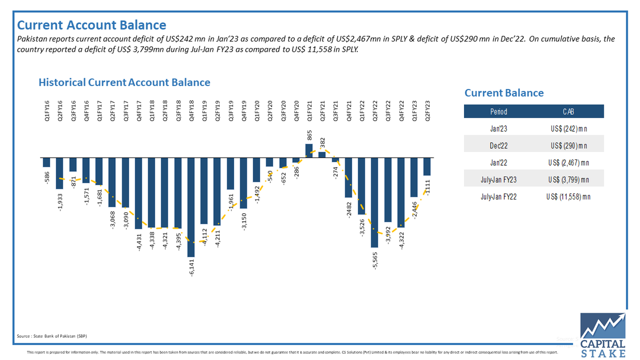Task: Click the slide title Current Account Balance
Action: (x=92, y=25)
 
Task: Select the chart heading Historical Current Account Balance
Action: (x=124, y=83)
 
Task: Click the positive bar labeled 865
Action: (x=309, y=150)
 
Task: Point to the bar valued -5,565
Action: (x=374, y=203)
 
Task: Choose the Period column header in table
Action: (x=499, y=111)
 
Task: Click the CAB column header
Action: (x=568, y=111)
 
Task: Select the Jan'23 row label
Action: (x=499, y=129)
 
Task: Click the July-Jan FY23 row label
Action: (x=499, y=179)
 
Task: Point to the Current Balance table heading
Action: (x=504, y=93)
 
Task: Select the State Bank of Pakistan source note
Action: (x=52, y=336)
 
